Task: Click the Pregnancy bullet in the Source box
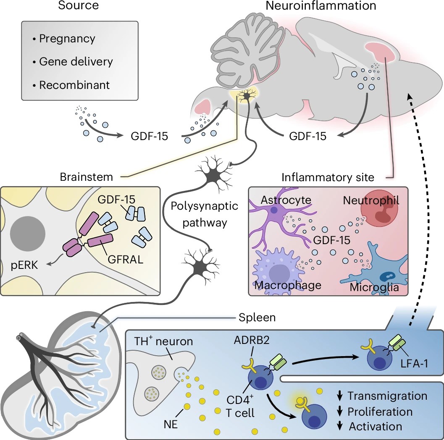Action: [x=67, y=39]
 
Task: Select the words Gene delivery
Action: [x=76, y=62]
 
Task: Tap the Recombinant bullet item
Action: [x=74, y=85]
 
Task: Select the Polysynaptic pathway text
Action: [x=205, y=214]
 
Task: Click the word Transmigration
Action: [x=387, y=396]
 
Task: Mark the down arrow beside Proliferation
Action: [x=340, y=411]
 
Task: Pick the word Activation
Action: [x=376, y=426]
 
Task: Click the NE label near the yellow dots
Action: [x=171, y=423]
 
